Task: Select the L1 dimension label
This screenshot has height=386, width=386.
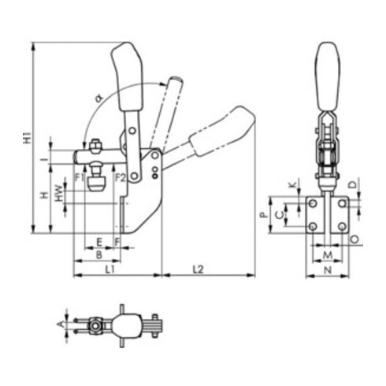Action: tap(110, 269)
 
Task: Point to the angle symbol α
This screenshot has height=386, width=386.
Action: tap(98, 98)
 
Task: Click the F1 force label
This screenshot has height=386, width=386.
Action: tap(79, 178)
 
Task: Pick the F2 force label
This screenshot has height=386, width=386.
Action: tap(121, 178)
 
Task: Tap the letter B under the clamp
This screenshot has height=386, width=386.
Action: tap(98, 255)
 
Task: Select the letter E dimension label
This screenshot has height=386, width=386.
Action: tap(98, 241)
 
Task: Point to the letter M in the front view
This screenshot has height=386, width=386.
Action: tap(326, 255)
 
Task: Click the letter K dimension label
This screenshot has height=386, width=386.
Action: tap(293, 185)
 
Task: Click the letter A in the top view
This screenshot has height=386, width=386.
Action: tap(62, 323)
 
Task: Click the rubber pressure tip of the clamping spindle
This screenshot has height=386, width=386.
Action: tap(96, 184)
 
